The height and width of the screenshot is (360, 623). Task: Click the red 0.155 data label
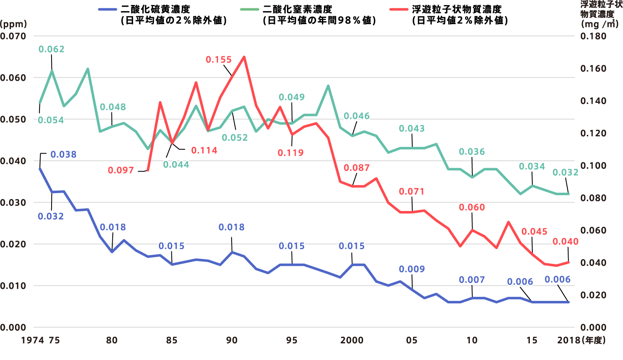click(x=218, y=60)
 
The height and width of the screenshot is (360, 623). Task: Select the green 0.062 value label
click(x=52, y=49)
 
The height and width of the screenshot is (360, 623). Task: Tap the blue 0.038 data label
click(x=64, y=154)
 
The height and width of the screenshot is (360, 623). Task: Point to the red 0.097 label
click(x=121, y=170)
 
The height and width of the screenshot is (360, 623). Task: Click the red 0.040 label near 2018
click(x=566, y=241)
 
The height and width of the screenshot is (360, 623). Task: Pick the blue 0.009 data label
click(x=412, y=269)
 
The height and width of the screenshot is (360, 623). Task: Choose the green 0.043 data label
click(x=412, y=129)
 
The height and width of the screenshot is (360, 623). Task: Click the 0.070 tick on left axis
click(x=13, y=36)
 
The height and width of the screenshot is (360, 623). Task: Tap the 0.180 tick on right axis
click(x=593, y=36)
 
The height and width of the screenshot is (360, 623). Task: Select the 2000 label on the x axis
click(x=352, y=340)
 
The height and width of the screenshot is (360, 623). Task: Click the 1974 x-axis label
click(x=32, y=340)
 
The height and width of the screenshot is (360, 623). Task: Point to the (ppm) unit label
click(x=13, y=24)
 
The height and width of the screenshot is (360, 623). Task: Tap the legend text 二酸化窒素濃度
click(x=297, y=9)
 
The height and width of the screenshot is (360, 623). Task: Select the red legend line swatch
click(x=399, y=9)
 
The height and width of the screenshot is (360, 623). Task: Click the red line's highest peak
click(x=244, y=57)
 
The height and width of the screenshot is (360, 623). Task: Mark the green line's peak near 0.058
click(x=328, y=86)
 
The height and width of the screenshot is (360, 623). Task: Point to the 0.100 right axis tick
click(x=593, y=166)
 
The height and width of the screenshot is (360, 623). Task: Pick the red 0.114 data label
click(x=204, y=150)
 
